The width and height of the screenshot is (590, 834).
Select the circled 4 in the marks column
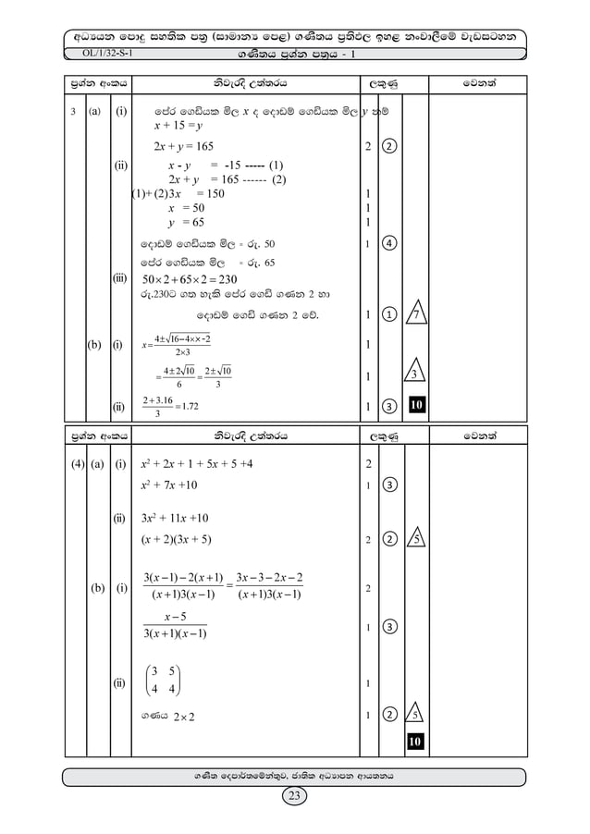pyautogui.click(x=393, y=244)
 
